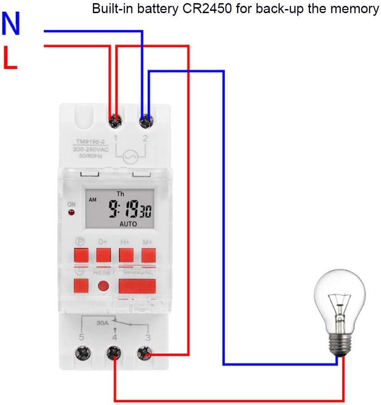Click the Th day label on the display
120,194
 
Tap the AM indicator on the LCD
93,199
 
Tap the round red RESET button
104,286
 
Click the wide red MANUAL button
137,286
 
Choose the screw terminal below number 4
113,352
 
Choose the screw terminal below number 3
144,352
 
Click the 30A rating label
102,324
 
